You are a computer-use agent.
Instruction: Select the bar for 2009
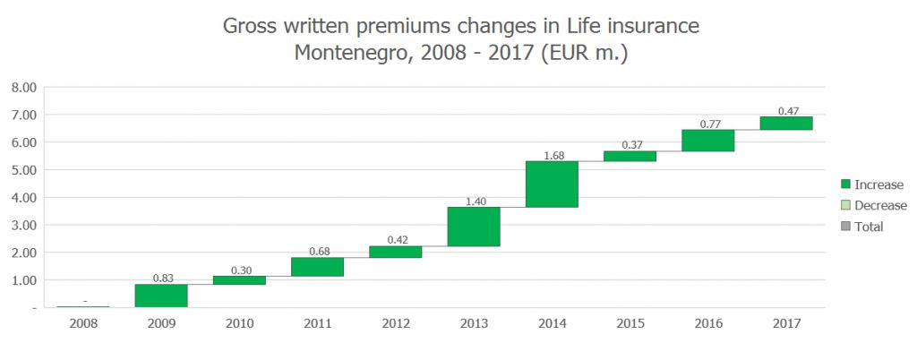point(161,296)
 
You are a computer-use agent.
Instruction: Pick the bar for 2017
point(786,123)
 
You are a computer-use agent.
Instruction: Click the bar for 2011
point(317,267)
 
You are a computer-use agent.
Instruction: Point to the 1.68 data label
point(553,155)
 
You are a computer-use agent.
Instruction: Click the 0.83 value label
point(161,279)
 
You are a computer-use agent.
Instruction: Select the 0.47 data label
point(787,111)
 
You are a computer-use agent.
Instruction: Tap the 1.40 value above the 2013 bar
point(474,201)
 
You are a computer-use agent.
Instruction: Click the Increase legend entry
point(878,184)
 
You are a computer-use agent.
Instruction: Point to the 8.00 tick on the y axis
point(23,87)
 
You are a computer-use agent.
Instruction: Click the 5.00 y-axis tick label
point(23,169)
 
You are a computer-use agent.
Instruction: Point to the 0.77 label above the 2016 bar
point(708,124)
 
